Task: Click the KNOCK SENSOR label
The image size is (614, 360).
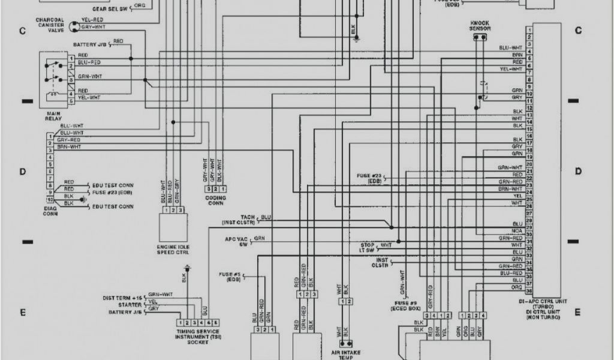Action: pos(480,26)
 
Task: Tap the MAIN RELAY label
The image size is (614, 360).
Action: pos(53,115)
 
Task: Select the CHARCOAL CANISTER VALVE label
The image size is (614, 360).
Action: pos(49,25)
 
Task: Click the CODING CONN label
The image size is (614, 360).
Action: pos(216,200)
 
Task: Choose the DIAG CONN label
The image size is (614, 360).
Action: pos(50,211)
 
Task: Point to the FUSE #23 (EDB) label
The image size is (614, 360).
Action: pos(370,178)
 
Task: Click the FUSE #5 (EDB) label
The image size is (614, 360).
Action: pos(230,277)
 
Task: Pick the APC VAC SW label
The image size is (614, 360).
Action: pos(236,242)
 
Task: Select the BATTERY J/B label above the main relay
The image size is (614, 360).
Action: pos(91,44)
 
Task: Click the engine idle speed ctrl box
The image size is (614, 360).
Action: pos(173,227)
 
